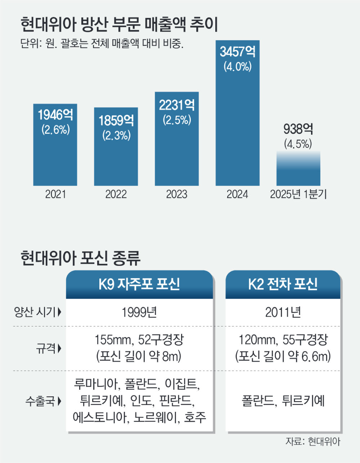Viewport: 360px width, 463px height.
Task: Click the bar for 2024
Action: point(237,126)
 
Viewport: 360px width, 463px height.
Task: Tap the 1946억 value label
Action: point(55,115)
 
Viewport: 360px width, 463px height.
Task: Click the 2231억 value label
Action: point(176,105)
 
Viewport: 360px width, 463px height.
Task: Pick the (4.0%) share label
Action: point(237,67)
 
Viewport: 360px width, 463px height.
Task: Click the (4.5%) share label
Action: point(298,144)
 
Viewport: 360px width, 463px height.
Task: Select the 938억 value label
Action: point(298,129)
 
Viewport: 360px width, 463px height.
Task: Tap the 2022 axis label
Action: point(116,195)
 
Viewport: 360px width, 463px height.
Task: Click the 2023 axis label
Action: point(176,195)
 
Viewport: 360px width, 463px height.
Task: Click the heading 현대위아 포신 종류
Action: point(80,258)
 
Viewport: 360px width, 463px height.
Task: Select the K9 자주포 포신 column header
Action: point(139,285)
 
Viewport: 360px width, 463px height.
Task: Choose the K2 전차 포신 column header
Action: point(283,285)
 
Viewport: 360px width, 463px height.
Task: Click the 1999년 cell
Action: point(139,312)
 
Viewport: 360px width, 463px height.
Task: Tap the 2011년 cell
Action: point(283,312)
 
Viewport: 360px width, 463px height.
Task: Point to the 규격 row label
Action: point(46,348)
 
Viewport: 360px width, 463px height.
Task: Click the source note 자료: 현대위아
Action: point(313,442)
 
